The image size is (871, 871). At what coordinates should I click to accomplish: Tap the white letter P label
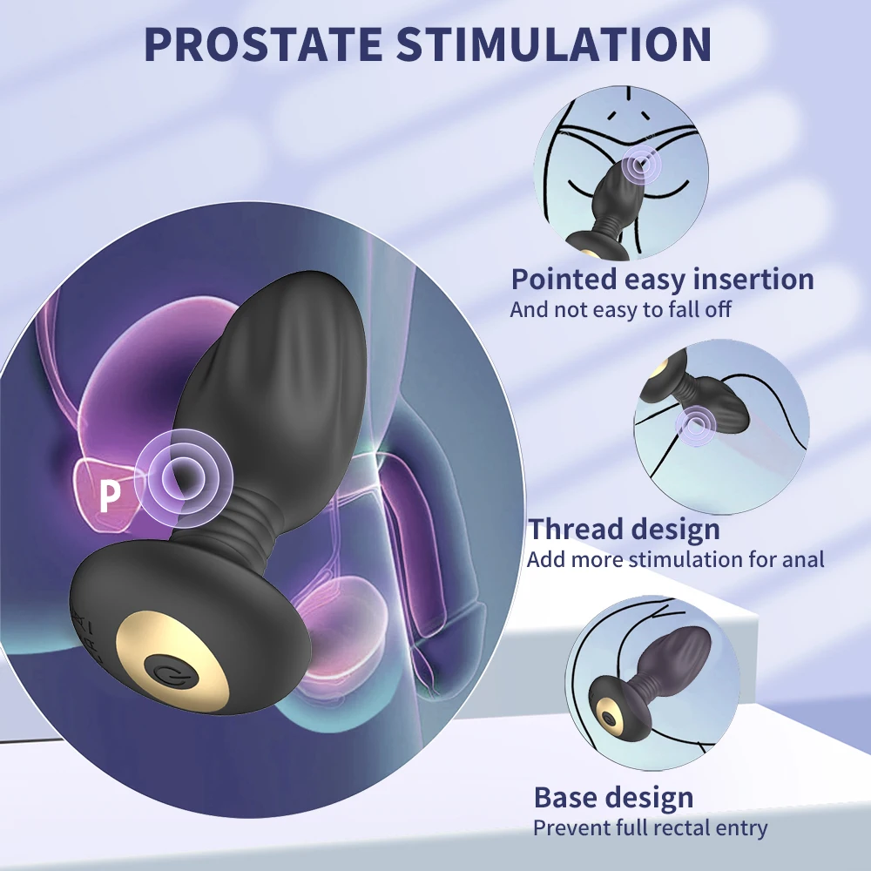point(108,496)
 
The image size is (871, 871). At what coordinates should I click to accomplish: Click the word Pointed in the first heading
point(564,280)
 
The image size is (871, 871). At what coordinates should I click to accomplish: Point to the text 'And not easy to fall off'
point(620,309)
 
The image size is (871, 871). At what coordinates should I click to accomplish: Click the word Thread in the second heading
point(577,529)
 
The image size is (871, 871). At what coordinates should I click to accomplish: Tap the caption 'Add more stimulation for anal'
point(675,558)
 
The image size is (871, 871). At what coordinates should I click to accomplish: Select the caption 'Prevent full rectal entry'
point(650,827)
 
